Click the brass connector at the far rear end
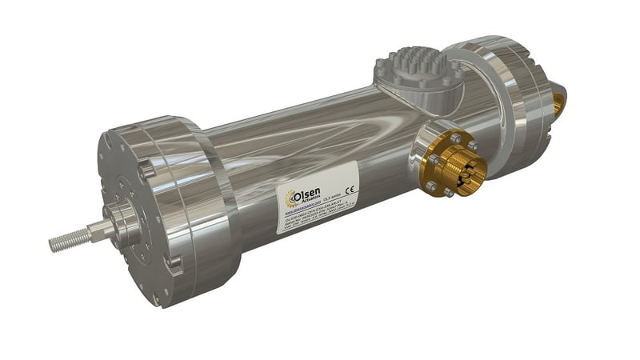point(558,100)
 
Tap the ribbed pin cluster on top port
point(411,68)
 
